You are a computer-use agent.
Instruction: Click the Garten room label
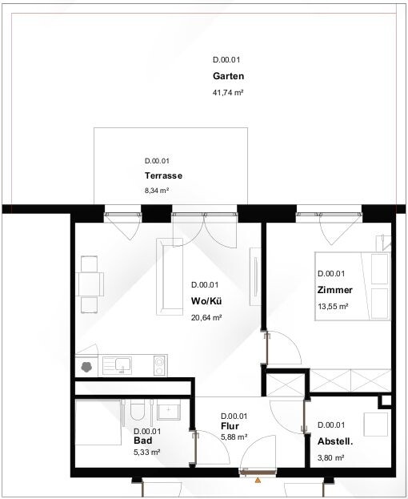point(228,76)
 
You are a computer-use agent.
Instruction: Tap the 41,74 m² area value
point(228,93)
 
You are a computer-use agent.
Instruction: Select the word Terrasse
point(163,175)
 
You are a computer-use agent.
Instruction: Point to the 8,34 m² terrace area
point(157,191)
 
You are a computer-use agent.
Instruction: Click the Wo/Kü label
point(206,301)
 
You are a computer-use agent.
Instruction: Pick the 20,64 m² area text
point(206,318)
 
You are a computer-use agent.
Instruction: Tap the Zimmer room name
point(335,290)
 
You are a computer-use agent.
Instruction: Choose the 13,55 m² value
point(333,307)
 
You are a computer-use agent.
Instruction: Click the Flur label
point(230,426)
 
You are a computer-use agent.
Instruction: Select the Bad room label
point(143,441)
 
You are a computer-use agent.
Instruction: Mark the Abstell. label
point(335,441)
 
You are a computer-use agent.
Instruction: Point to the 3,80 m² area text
point(330,458)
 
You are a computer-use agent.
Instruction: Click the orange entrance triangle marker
point(258,481)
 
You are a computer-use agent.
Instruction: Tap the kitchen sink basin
point(123,365)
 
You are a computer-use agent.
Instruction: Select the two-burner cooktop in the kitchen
point(159,365)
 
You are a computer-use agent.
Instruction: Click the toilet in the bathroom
point(138,409)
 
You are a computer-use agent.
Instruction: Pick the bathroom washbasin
point(169,409)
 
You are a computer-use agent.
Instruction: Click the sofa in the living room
point(170,276)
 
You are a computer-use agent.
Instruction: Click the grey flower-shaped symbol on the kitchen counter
point(86,367)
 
